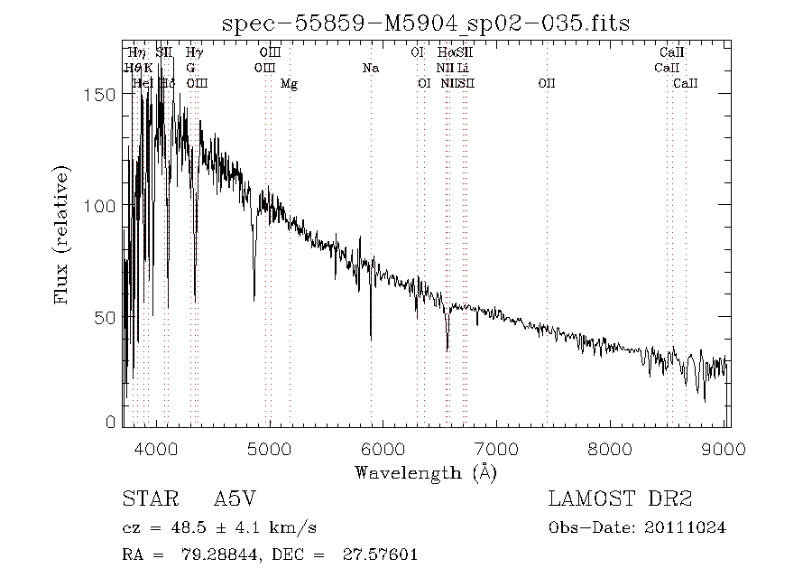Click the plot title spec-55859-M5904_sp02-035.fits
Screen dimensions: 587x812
pyautogui.click(x=425, y=23)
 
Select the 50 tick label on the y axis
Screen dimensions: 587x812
pyautogui.click(x=106, y=317)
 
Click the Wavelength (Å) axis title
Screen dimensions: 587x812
pyautogui.click(x=426, y=471)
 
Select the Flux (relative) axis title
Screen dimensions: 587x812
pyautogui.click(x=62, y=234)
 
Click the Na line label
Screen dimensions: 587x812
pyautogui.click(x=371, y=68)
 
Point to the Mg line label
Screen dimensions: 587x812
pyautogui.click(x=289, y=83)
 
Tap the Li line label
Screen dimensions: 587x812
pyautogui.click(x=463, y=68)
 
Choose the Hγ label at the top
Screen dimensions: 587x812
pyautogui.click(x=194, y=52)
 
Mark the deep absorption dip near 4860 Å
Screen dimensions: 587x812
pyautogui.click(x=254, y=297)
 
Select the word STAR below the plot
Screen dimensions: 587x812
pyautogui.click(x=147, y=499)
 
